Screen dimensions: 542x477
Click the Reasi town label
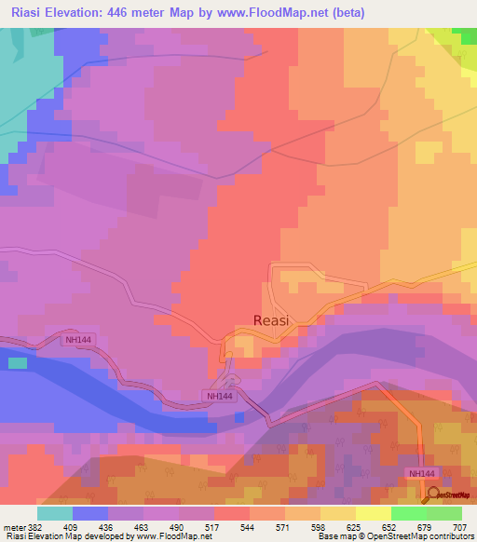pyautogui.click(x=271, y=319)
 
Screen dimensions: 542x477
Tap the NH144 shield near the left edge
pyautogui.click(x=79, y=340)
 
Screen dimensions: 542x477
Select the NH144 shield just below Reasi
pyautogui.click(x=218, y=396)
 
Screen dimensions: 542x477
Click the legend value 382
pyautogui.click(x=34, y=526)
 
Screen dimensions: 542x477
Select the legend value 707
pyautogui.click(x=462, y=526)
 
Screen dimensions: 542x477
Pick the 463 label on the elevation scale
pyautogui.click(x=143, y=526)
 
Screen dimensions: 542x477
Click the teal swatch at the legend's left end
pyautogui.click(x=55, y=513)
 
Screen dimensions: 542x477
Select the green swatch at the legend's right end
pyautogui.click(x=444, y=513)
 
